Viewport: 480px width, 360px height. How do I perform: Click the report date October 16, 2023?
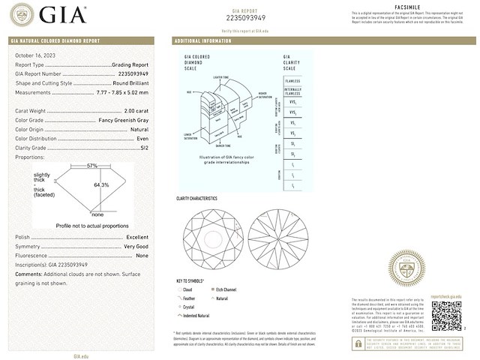tap(34, 55)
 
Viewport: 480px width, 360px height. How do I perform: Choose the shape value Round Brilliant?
tap(133, 83)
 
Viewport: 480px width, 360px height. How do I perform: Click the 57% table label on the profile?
tap(92, 165)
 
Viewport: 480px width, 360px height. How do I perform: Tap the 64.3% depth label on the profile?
tap(101, 184)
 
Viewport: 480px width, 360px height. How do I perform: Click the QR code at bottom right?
tap(448, 316)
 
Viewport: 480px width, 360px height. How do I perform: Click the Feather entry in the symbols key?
tap(188, 297)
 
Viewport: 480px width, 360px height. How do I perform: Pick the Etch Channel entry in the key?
tap(226, 288)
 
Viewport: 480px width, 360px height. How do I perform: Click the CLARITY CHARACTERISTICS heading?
tap(197, 199)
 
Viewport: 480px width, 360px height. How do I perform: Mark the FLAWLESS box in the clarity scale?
tap(292, 80)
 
